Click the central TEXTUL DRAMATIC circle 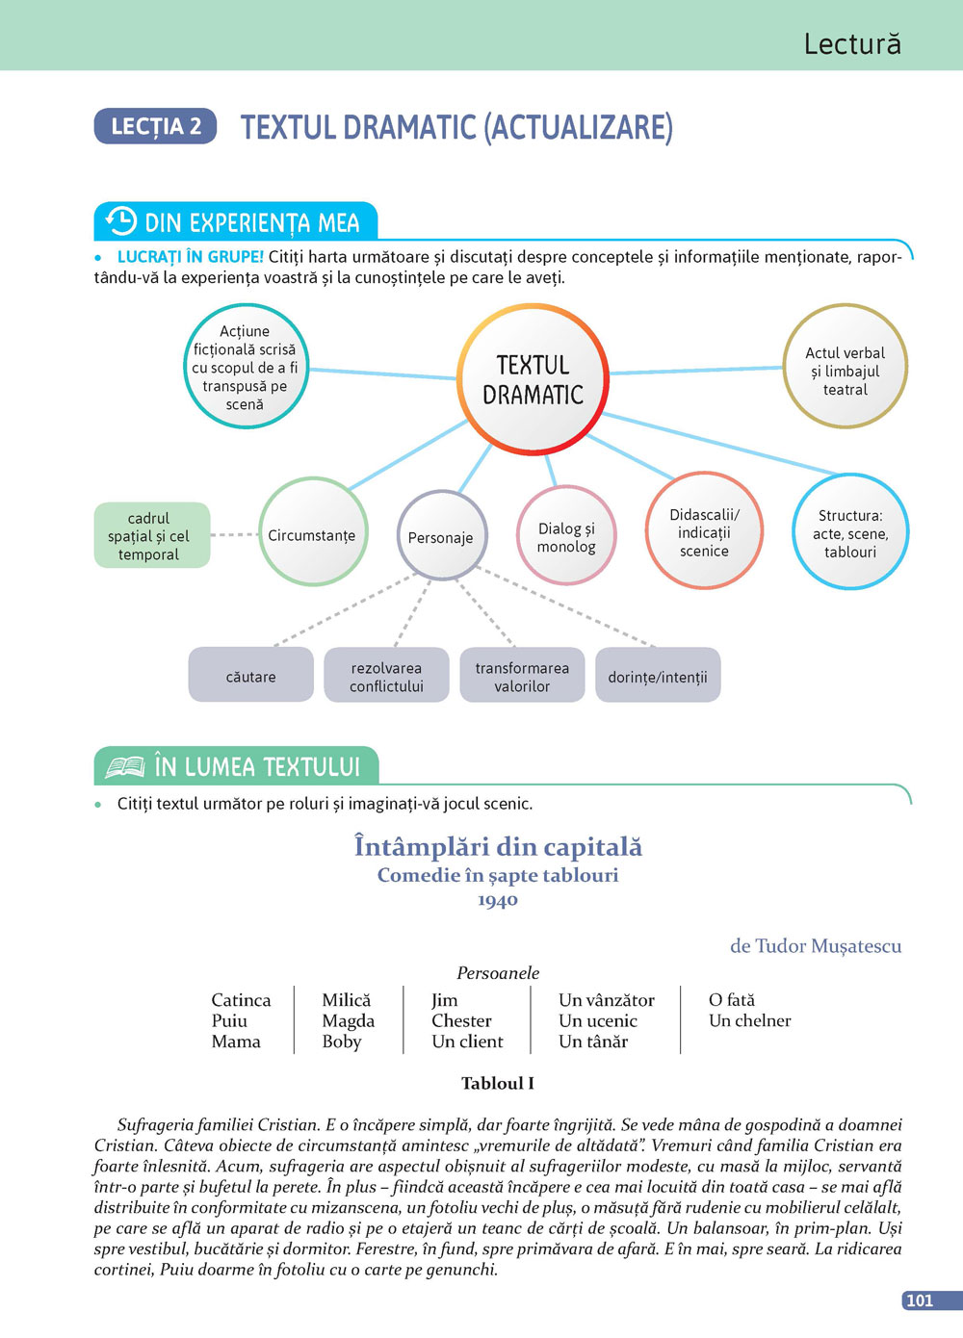[x=533, y=379]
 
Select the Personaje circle [x=441, y=537]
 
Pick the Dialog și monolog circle [x=566, y=537]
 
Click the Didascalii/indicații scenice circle [x=704, y=532]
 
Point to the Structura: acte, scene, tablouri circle [x=850, y=533]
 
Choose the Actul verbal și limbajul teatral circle [x=845, y=371]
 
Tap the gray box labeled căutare [x=250, y=676]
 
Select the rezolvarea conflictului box [x=386, y=676]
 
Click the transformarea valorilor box [x=522, y=676]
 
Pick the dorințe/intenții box [x=658, y=676]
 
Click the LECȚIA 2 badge [x=155, y=126]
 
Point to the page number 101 [x=921, y=1300]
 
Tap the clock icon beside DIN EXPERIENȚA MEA [x=120, y=221]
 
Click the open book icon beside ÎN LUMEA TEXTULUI [x=125, y=766]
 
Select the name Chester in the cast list [x=461, y=1020]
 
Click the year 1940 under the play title [x=498, y=900]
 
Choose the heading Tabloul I [x=498, y=1083]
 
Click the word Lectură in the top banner [x=851, y=43]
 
